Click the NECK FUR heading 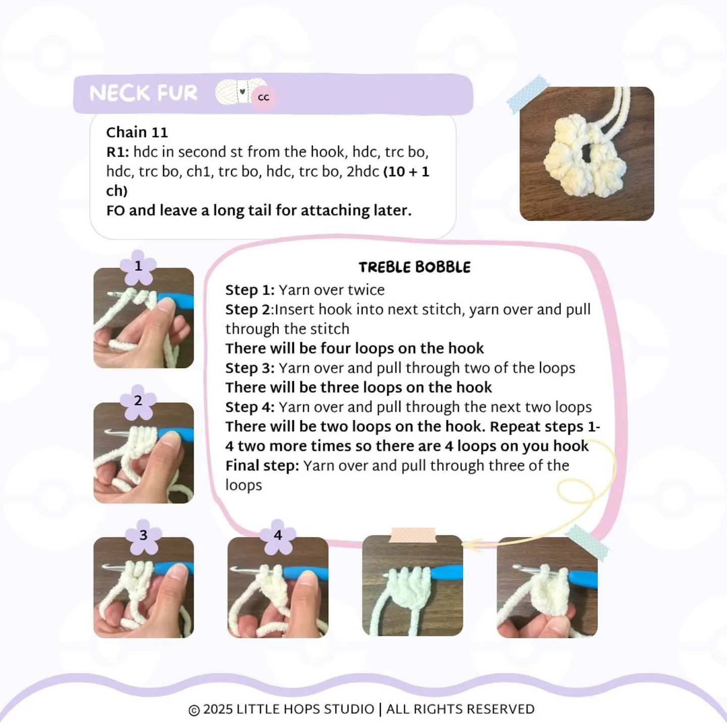(143, 93)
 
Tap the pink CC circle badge (264, 98)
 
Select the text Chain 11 (137, 132)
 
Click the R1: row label (118, 152)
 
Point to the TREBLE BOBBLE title (414, 267)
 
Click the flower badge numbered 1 (138, 267)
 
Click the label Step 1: (250, 290)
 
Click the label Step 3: (250, 368)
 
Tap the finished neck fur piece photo (587, 153)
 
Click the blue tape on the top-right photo (528, 95)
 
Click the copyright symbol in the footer (194, 710)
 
